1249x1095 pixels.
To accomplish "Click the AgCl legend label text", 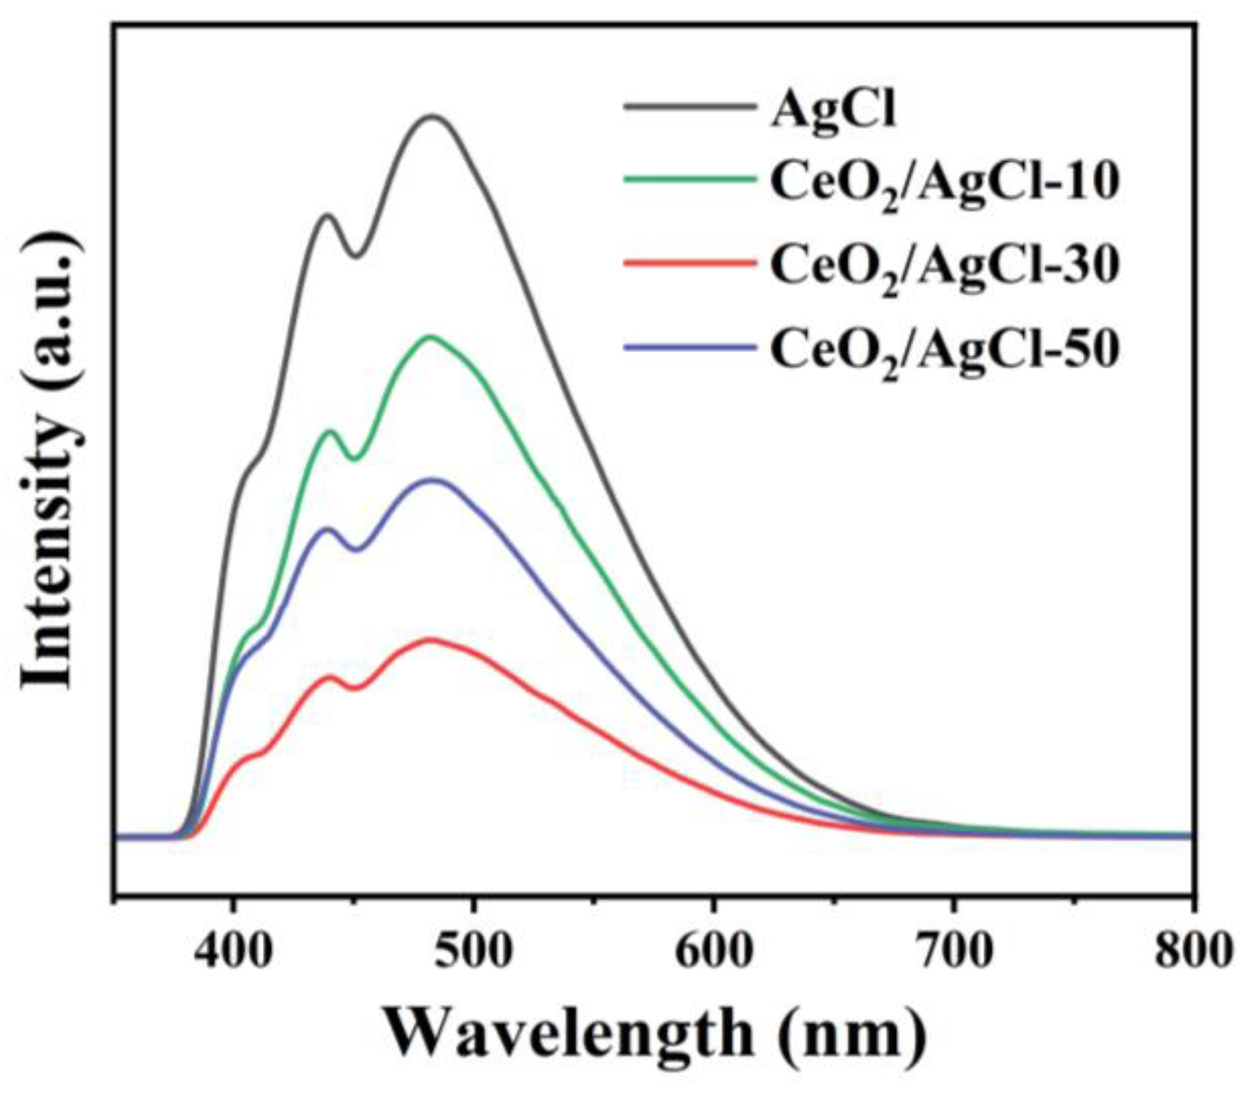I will point(833,111).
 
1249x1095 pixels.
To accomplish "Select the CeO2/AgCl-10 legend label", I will point(945,184).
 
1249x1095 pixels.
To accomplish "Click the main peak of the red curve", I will point(430,639).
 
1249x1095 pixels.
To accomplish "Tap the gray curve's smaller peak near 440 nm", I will point(328,216).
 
